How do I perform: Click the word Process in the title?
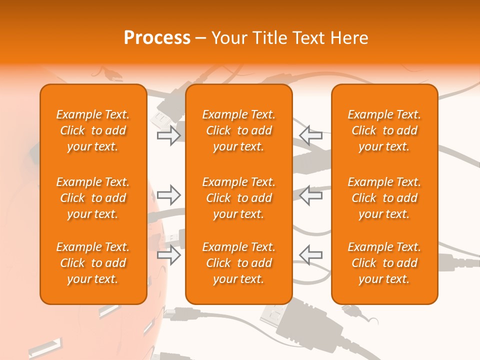point(157,37)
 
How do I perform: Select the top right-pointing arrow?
point(169,135)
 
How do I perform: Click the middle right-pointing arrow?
point(169,195)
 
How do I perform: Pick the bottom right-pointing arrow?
point(169,255)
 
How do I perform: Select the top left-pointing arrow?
point(310,135)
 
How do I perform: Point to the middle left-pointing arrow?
point(310,195)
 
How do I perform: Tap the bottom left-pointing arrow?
point(310,255)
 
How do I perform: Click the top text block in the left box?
point(93,130)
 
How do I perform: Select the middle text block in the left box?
point(93,198)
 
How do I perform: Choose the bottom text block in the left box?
point(93,263)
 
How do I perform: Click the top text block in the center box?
point(239,130)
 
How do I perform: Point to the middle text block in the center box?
point(239,198)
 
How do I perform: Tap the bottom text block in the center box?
point(239,263)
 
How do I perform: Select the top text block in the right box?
point(384,130)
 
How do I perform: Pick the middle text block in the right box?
point(384,198)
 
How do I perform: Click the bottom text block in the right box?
point(384,263)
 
